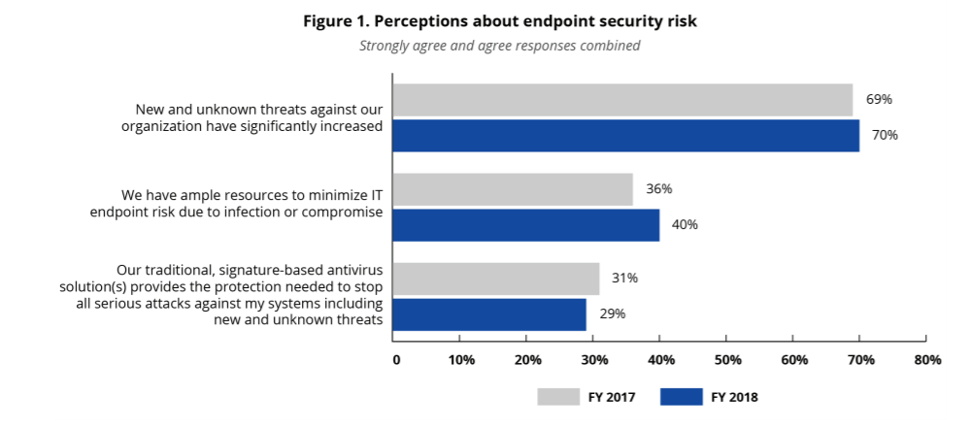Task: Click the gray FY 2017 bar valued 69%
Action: (622, 100)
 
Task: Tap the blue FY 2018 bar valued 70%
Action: (625, 135)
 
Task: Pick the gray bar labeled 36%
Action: (513, 189)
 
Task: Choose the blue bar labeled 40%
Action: (525, 224)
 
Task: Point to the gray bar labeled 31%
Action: (495, 279)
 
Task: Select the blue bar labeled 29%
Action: (489, 313)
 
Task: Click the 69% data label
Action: (879, 99)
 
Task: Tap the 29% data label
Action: (612, 313)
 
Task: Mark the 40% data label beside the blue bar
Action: (685, 224)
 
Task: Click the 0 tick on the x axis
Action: (396, 361)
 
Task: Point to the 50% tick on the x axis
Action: (727, 361)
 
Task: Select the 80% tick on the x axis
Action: (927, 361)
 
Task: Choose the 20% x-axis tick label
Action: (528, 361)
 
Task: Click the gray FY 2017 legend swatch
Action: (557, 396)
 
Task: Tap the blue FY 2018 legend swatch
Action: (681, 396)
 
